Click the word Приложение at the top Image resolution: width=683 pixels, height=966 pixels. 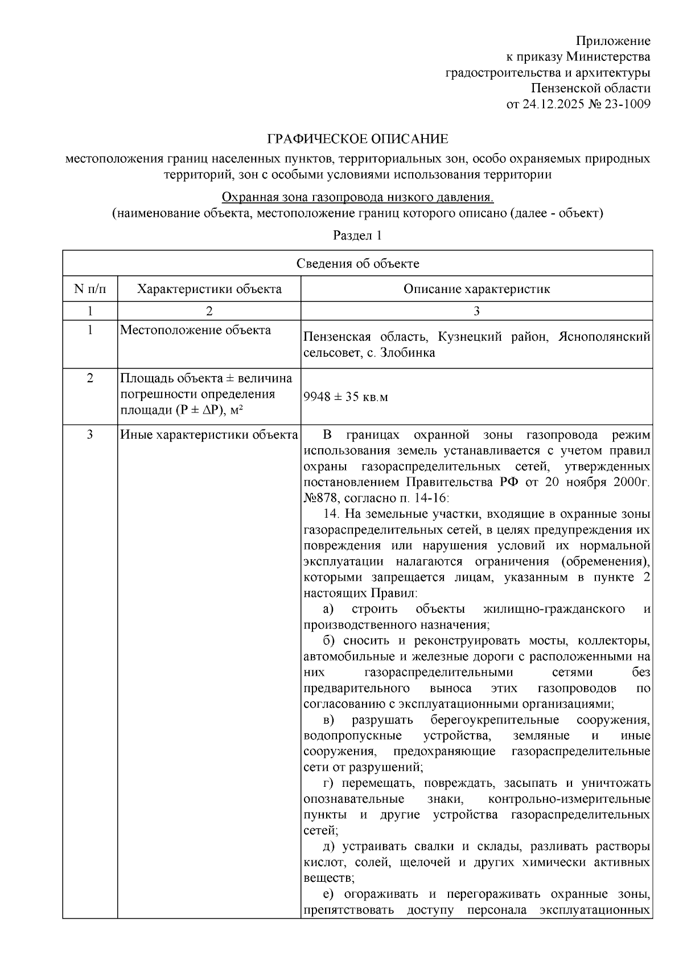click(x=613, y=41)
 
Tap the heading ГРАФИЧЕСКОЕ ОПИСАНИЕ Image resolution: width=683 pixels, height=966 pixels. click(x=358, y=139)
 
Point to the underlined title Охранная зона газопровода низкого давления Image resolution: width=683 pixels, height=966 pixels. click(x=357, y=197)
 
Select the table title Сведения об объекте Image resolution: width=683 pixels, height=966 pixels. click(x=357, y=263)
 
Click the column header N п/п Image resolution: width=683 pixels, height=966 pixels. click(x=90, y=289)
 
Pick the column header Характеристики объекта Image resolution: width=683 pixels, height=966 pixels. click(x=209, y=289)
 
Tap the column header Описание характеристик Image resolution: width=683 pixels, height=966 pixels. click(x=476, y=289)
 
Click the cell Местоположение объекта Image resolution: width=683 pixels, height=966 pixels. click(x=195, y=331)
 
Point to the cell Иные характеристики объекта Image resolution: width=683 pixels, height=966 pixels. click(x=209, y=435)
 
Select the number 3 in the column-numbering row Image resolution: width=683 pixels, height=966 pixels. click(x=476, y=311)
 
